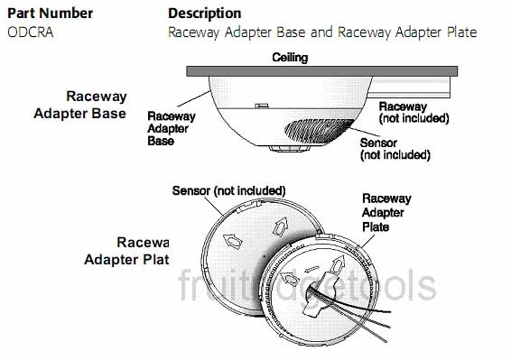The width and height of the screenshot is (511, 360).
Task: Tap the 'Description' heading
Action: [204, 14]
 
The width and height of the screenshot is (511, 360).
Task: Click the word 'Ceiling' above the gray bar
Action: [290, 58]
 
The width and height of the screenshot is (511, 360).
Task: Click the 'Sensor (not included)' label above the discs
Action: [228, 190]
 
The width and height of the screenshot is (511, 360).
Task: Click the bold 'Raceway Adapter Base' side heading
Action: [96, 105]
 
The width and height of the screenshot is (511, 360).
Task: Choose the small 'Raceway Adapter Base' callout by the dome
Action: [171, 128]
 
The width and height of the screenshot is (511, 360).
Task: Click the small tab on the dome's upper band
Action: [261, 106]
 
